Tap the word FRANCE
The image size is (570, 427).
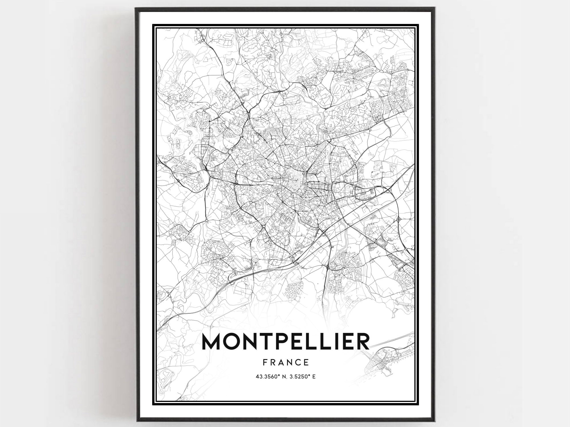(286, 362)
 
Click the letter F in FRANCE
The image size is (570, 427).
(265, 362)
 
